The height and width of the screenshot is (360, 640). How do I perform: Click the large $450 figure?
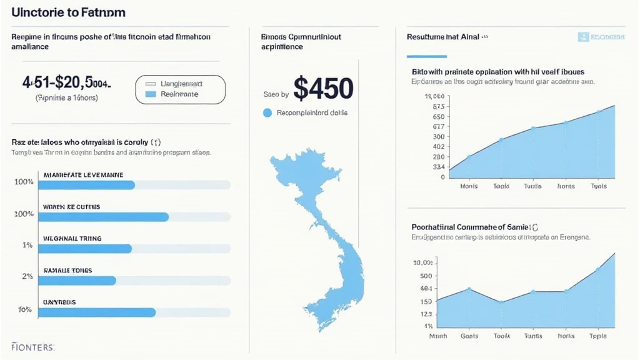(322, 89)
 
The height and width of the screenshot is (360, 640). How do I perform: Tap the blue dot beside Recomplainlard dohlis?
(267, 113)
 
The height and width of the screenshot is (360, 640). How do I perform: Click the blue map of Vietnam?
(322, 237)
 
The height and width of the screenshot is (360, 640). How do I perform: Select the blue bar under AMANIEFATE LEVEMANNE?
(86, 185)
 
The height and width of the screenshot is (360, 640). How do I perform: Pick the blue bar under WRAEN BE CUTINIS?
(103, 217)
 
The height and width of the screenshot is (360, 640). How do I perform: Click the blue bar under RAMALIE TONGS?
(77, 281)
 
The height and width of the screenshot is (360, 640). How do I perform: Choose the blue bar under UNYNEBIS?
(96, 312)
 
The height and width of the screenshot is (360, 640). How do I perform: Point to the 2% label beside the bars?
(27, 276)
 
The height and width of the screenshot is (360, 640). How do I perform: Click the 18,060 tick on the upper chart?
(434, 96)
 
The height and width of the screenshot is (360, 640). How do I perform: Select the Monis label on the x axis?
(469, 186)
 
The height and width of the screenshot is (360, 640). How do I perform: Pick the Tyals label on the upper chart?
(598, 186)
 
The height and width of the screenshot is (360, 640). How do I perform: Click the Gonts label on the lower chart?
(469, 336)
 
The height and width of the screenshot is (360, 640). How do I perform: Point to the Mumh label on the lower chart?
(437, 336)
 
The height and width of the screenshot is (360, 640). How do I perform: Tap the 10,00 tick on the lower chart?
(423, 262)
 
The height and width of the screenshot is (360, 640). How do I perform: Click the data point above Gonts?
(469, 289)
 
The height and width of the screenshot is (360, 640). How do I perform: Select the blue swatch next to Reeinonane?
(149, 94)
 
